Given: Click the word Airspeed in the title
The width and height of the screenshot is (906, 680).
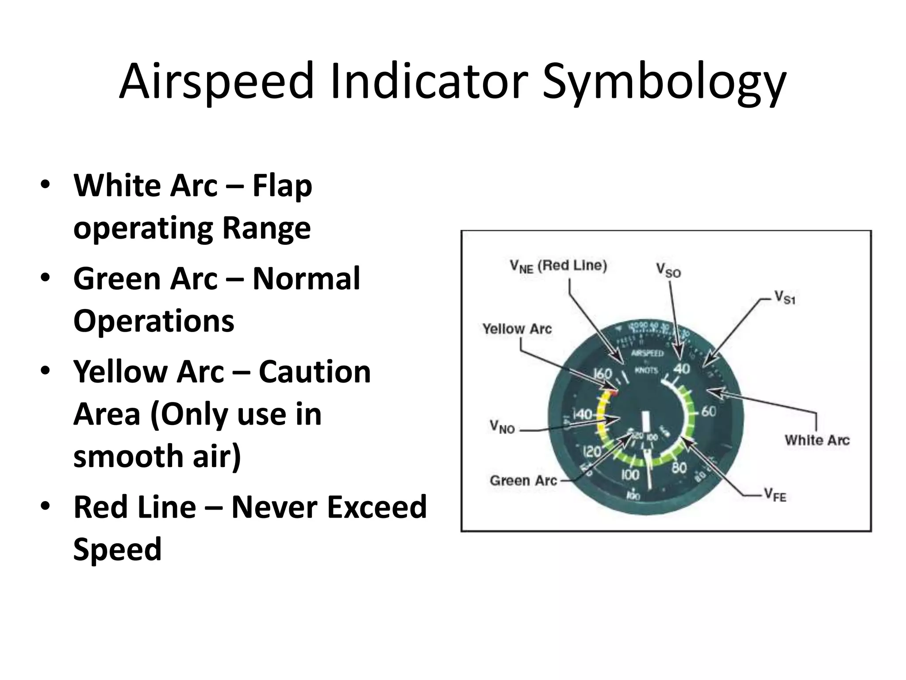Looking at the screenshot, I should pyautogui.click(x=216, y=82).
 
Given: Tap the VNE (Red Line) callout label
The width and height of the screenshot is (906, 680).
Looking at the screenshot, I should pyautogui.click(x=558, y=266).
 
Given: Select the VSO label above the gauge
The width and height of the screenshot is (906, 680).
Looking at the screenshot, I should pyautogui.click(x=668, y=270).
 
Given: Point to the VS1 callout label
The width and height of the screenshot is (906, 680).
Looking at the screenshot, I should pyautogui.click(x=785, y=297).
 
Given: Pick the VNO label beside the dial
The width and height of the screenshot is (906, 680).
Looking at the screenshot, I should pyautogui.click(x=502, y=427).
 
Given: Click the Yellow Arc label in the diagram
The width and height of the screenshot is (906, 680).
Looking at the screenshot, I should pyautogui.click(x=517, y=329).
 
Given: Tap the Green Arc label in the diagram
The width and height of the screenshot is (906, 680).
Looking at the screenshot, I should pyautogui.click(x=523, y=480).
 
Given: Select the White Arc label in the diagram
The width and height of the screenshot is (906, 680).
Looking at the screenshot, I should pyautogui.click(x=817, y=440).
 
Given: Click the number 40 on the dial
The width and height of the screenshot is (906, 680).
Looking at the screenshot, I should pyautogui.click(x=681, y=368).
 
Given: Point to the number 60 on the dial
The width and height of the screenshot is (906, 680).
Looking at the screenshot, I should pyautogui.click(x=709, y=411).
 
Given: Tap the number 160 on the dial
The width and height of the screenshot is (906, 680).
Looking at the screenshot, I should pyautogui.click(x=602, y=374).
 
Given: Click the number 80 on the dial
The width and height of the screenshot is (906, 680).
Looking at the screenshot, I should pyautogui.click(x=679, y=467).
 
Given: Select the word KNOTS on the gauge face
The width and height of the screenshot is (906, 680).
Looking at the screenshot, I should pyautogui.click(x=646, y=370).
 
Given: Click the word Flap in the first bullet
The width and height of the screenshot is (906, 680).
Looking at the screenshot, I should pyautogui.click(x=282, y=186).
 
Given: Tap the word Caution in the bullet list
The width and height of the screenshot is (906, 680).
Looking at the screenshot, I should pyautogui.click(x=315, y=372).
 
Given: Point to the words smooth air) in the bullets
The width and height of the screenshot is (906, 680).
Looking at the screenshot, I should pyautogui.click(x=157, y=456).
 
